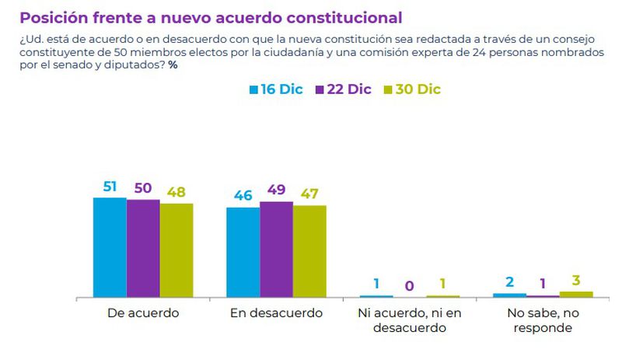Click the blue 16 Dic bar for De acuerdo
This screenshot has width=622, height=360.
(110, 247)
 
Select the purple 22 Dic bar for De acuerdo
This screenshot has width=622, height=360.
(143, 248)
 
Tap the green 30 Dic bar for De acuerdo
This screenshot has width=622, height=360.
(176, 250)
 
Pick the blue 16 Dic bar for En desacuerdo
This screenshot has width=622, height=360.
(243, 252)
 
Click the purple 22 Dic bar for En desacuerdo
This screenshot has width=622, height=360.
(276, 249)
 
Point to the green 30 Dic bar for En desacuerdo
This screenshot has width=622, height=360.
(309, 251)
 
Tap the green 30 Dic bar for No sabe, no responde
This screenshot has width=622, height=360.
(576, 294)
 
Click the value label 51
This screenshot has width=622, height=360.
(110, 187)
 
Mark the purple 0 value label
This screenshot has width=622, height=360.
(410, 285)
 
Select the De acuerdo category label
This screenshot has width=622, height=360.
(143, 313)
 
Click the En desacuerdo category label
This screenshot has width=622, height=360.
(276, 313)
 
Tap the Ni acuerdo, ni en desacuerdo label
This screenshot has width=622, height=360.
(410, 320)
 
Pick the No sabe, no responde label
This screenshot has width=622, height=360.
(543, 320)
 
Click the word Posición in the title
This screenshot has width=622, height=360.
(52, 16)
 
